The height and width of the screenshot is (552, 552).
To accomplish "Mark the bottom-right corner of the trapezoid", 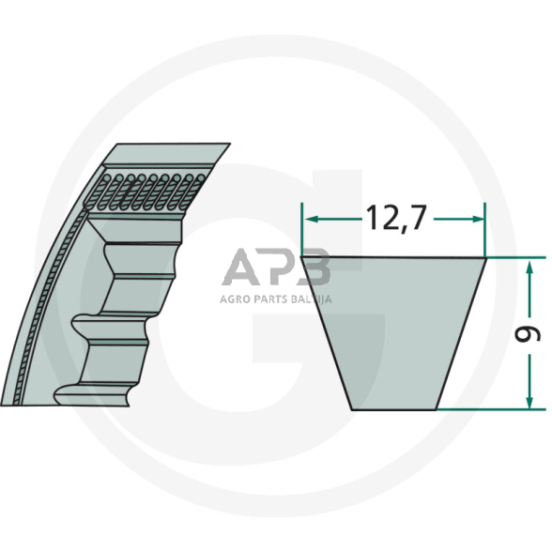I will point(438,408).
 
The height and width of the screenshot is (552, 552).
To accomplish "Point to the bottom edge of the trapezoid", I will point(393,408).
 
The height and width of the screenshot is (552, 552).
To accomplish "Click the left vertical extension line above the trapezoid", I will point(302,230).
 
